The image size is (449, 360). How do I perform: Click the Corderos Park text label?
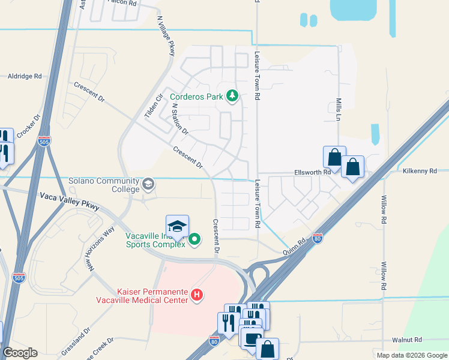(196, 96)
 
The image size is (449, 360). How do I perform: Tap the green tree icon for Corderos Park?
(232, 96)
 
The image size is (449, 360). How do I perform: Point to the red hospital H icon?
(197, 295)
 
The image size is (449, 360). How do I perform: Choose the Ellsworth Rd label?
(313, 172)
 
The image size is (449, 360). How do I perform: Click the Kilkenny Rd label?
(420, 172)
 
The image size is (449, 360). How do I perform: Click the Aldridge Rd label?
(25, 76)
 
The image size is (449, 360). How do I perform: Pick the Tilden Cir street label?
(154, 105)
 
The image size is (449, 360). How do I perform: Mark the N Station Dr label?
(180, 118)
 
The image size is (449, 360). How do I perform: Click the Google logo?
(20, 352)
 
